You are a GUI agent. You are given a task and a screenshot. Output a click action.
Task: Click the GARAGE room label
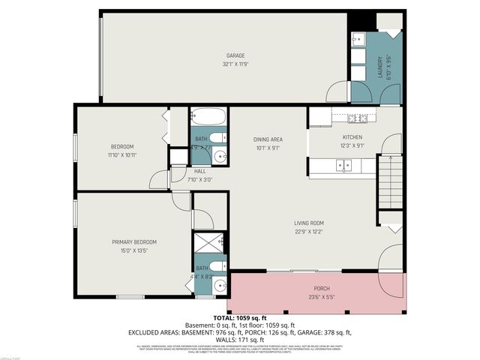coord(235,55)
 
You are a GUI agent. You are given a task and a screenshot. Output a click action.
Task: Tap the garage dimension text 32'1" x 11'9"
coord(235,64)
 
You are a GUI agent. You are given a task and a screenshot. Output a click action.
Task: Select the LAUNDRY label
coord(380,68)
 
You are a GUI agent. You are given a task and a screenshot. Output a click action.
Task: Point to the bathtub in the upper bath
coord(208,117)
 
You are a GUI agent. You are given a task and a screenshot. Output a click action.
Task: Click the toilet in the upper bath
coord(217,137)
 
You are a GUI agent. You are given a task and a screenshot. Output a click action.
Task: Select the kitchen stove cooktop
coord(355,118)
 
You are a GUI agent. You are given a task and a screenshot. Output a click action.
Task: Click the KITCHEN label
coord(352,137)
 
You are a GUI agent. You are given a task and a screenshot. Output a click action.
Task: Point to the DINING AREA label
coord(267,139)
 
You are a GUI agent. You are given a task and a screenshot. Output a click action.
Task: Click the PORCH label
coord(321,288)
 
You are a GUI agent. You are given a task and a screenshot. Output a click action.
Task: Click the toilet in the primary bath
coord(217,266)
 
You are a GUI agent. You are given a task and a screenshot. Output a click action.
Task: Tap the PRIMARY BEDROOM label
coord(134,241)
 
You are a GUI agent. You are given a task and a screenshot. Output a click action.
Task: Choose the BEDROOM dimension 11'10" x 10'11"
coord(122,154)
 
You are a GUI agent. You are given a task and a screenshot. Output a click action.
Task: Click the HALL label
coord(199,171)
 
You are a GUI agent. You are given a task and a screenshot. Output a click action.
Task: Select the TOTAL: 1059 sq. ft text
coord(240,318)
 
